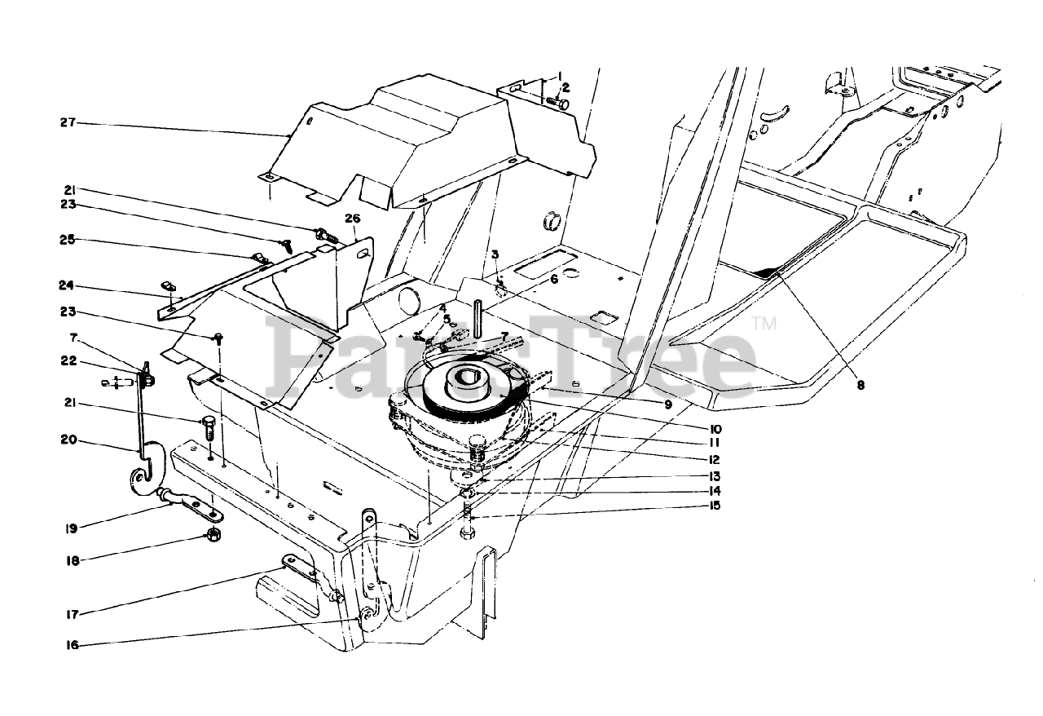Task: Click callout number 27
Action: [67, 123]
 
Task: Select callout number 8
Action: [860, 387]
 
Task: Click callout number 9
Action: [667, 404]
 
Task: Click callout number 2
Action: [566, 87]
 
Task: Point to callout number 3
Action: [495, 255]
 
